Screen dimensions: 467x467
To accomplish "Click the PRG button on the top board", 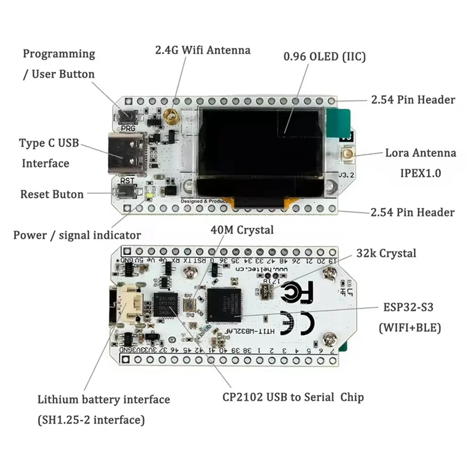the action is tap(126, 116).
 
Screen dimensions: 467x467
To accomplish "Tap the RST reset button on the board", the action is tap(126, 190).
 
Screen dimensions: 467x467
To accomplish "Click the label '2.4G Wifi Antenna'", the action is tap(203, 50).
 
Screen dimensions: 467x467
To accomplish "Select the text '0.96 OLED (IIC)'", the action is tap(325, 57).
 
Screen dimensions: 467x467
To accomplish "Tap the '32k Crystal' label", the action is tap(386, 253).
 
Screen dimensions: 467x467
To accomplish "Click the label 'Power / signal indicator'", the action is tap(77, 235).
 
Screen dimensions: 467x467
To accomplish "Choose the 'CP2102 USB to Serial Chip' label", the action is tap(293, 397).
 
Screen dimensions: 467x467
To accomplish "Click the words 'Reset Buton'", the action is tap(52, 194).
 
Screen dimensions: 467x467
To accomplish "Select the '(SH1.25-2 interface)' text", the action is tap(91, 419).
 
